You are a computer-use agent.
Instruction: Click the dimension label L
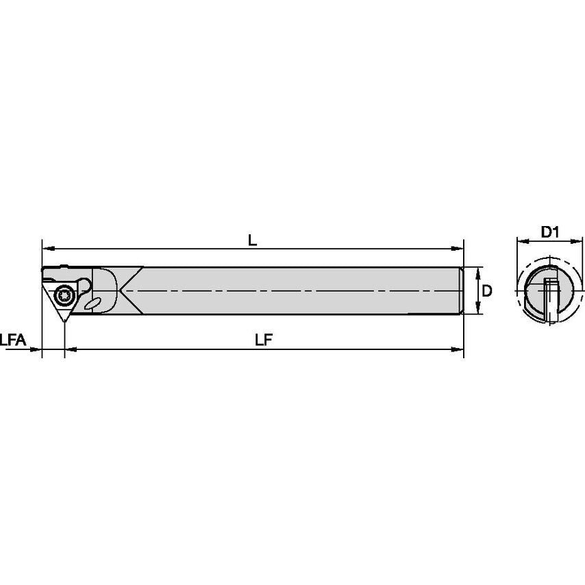click(252, 240)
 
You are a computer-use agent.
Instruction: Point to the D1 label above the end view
click(550, 232)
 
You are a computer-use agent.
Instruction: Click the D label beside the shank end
click(487, 290)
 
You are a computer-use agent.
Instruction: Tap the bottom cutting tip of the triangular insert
click(65, 321)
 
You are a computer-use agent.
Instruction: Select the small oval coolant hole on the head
click(92, 302)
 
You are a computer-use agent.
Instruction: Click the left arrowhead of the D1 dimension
click(520, 241)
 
